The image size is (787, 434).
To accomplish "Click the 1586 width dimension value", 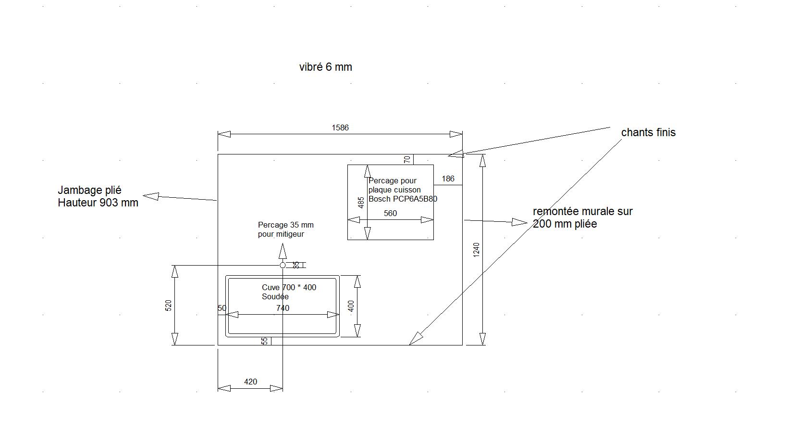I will pyautogui.click(x=340, y=128).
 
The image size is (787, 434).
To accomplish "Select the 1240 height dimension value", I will pyautogui.click(x=476, y=249).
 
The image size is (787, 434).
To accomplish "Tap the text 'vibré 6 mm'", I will pyautogui.click(x=326, y=67).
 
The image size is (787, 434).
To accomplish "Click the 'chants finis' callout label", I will pyautogui.click(x=648, y=132).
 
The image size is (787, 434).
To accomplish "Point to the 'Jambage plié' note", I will pyautogui.click(x=89, y=190).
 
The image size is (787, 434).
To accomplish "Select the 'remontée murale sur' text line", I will pyautogui.click(x=583, y=211).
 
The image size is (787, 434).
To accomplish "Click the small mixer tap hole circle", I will pyautogui.click(x=283, y=265).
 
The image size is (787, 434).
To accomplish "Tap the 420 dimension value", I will pyautogui.click(x=250, y=382).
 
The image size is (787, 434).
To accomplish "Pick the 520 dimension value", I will pyautogui.click(x=169, y=305).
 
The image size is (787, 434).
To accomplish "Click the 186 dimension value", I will pyautogui.click(x=448, y=179).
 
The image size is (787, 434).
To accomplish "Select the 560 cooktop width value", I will pyautogui.click(x=390, y=213).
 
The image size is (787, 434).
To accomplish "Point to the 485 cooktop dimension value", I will pyautogui.click(x=361, y=203).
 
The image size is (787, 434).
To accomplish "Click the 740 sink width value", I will pyautogui.click(x=283, y=308).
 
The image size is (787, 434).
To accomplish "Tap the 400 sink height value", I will pyautogui.click(x=351, y=306).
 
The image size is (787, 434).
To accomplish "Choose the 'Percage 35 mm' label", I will pyautogui.click(x=285, y=225).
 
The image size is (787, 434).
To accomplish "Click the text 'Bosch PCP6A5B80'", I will pyautogui.click(x=403, y=199).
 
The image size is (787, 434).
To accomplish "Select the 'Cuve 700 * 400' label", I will pyautogui.click(x=289, y=287).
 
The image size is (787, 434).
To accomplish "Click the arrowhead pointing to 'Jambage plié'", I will pyautogui.click(x=151, y=196).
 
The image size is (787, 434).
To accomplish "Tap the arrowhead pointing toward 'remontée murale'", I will pyautogui.click(x=519, y=222).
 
